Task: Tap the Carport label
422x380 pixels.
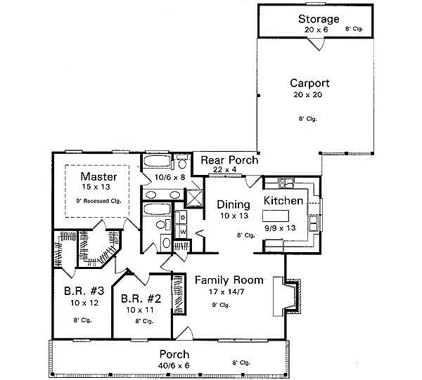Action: click(309, 83)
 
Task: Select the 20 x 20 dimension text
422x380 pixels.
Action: click(309, 95)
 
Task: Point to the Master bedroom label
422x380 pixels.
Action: click(98, 176)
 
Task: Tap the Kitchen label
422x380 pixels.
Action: click(283, 201)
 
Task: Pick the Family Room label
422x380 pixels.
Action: click(229, 280)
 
